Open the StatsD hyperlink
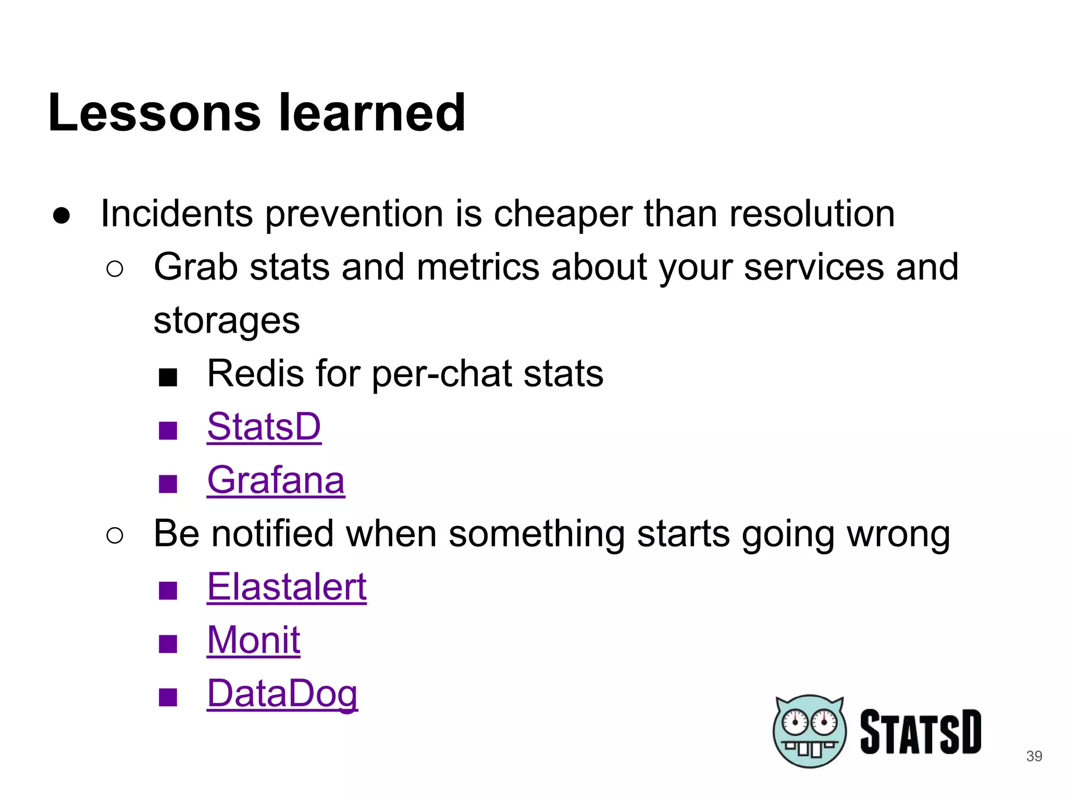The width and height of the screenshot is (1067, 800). (x=264, y=427)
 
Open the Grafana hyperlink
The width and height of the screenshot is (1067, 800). (x=276, y=480)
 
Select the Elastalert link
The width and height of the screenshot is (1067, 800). (x=287, y=587)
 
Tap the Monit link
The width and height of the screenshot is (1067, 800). (x=253, y=640)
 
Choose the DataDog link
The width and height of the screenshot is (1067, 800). (x=282, y=694)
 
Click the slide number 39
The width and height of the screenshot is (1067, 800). (x=1034, y=756)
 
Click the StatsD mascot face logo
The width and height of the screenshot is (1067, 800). (x=809, y=731)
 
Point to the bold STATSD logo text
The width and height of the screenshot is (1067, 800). (x=920, y=731)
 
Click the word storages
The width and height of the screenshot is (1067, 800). (x=227, y=320)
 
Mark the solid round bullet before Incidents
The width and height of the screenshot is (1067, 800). (x=61, y=215)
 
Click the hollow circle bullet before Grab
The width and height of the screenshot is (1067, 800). (x=115, y=269)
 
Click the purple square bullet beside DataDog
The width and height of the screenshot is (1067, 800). (x=168, y=697)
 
